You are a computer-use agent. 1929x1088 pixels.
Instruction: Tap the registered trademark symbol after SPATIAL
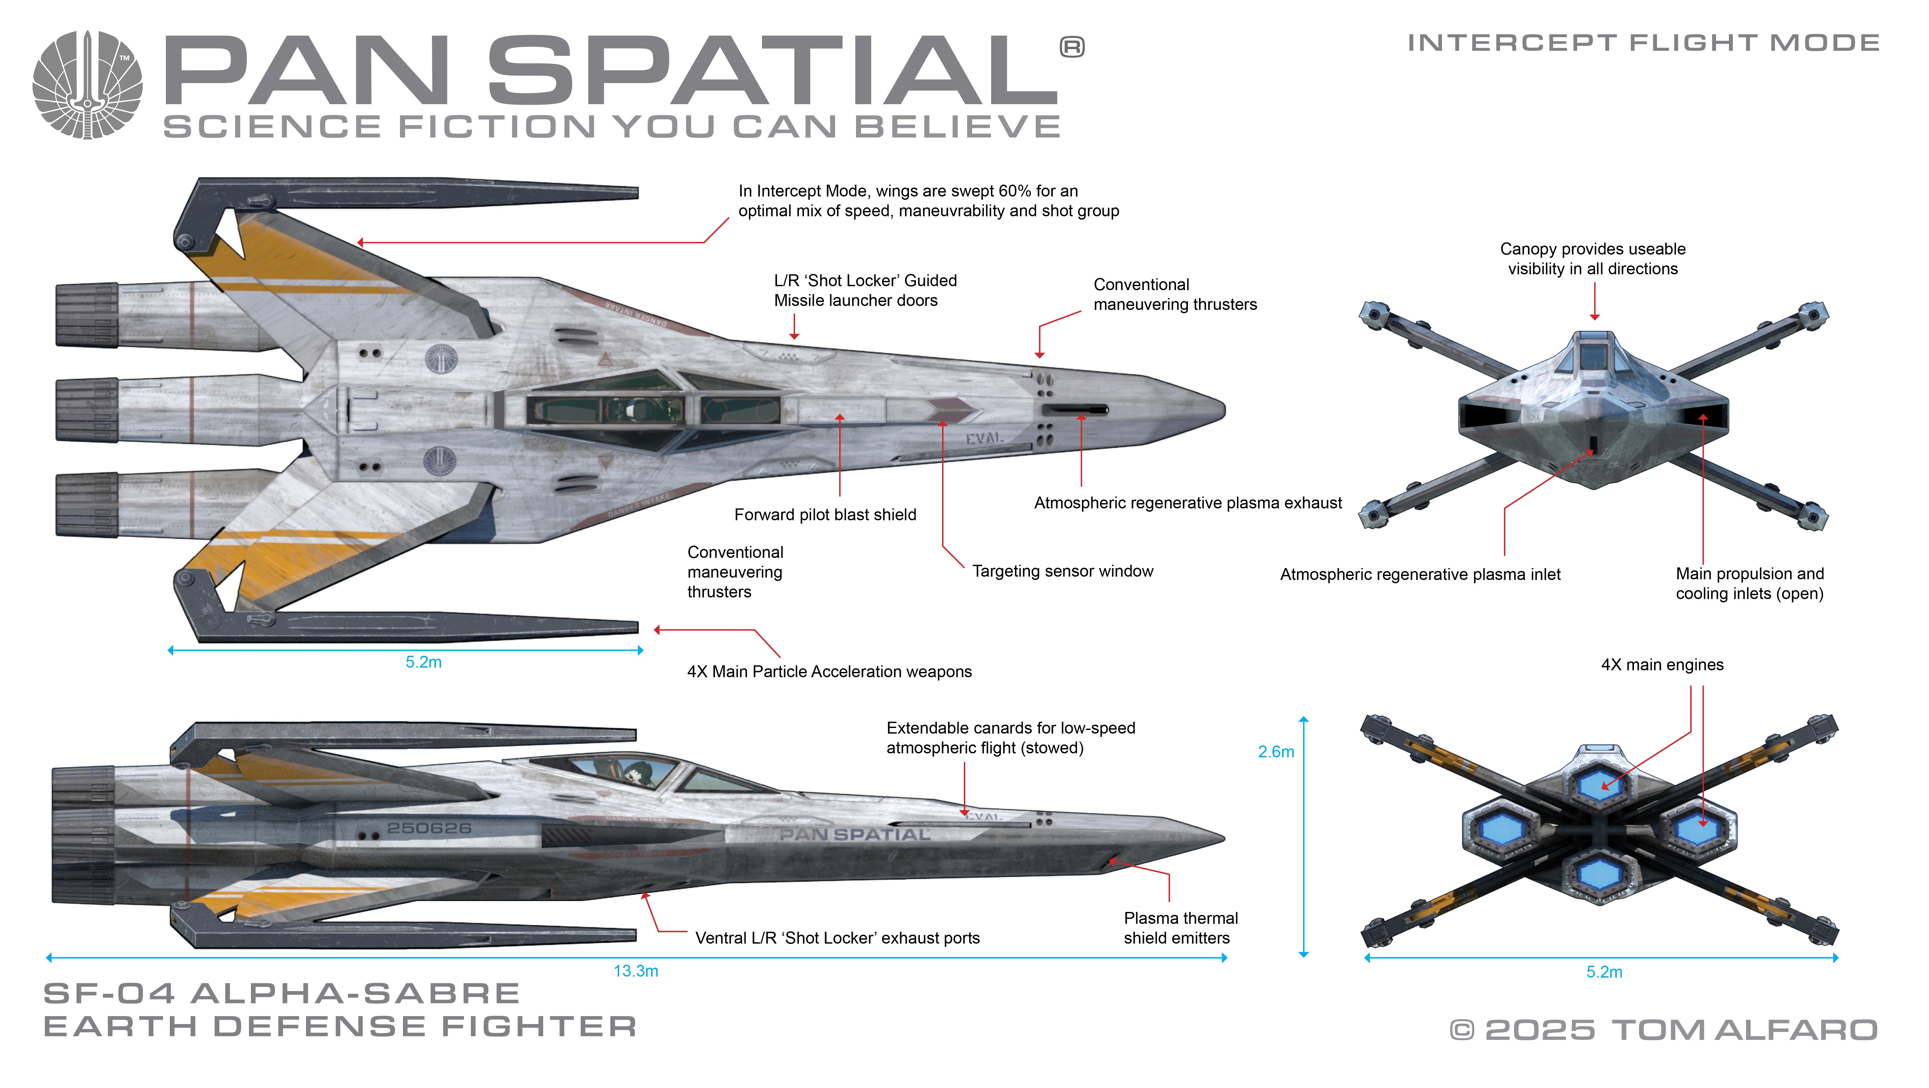pyautogui.click(x=1072, y=47)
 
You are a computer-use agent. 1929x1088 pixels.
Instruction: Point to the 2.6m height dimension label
pyautogui.click(x=1275, y=752)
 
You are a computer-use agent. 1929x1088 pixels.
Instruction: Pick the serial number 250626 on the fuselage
pyautogui.click(x=429, y=828)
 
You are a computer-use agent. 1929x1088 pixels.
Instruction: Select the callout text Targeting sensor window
pyautogui.click(x=1062, y=571)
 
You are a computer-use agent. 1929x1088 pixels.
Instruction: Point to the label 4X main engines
pyautogui.click(x=1662, y=665)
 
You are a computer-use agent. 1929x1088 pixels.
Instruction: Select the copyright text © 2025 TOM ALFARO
pyautogui.click(x=1663, y=1030)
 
